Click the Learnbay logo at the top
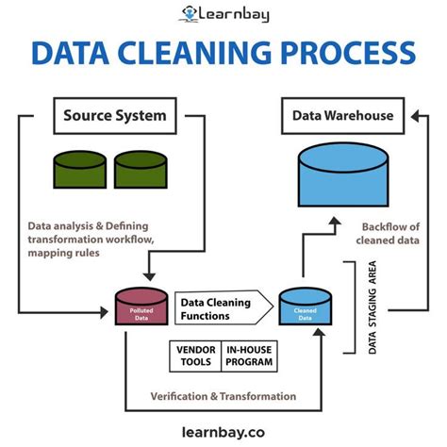pyautogui.click(x=223, y=13)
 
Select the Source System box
pyautogui.click(x=114, y=118)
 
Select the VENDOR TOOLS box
pyautogui.click(x=195, y=356)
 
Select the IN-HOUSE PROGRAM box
pyautogui.click(x=249, y=356)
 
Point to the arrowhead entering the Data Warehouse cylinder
pyautogui.click(x=336, y=223)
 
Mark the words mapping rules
pyautogui.click(x=58, y=253)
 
